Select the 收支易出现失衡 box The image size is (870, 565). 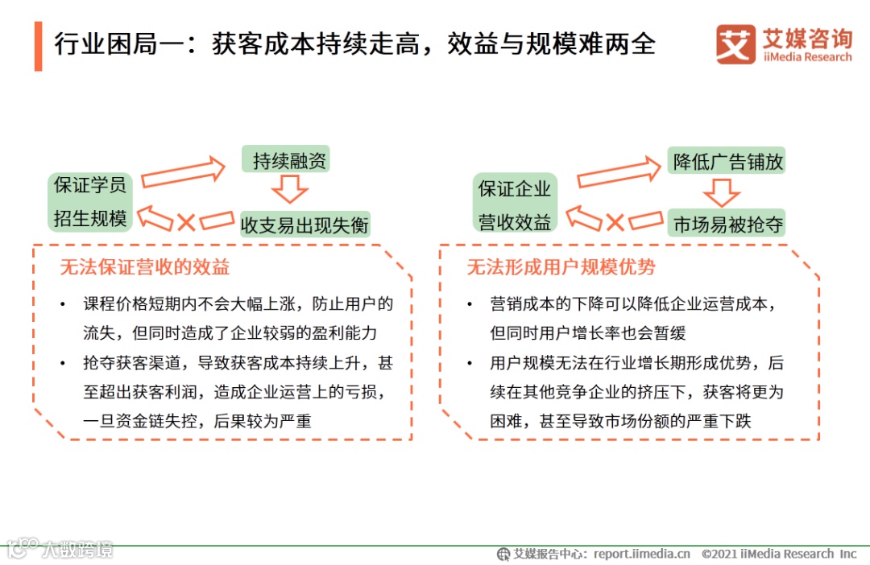tap(304, 225)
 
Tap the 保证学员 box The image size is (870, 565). tap(90, 185)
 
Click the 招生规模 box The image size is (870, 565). tap(90, 218)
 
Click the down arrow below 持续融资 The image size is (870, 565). tap(289, 191)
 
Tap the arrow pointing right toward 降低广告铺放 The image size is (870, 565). tap(619, 171)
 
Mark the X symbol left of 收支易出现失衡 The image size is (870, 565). tap(186, 221)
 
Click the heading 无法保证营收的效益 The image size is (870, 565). tap(144, 267)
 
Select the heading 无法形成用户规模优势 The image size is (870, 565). tap(561, 267)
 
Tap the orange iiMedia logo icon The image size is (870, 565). tap(735, 44)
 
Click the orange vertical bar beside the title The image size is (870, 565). tap(38, 46)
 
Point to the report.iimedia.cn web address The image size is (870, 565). tap(642, 554)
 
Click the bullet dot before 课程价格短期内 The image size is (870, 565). tap(64, 305)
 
